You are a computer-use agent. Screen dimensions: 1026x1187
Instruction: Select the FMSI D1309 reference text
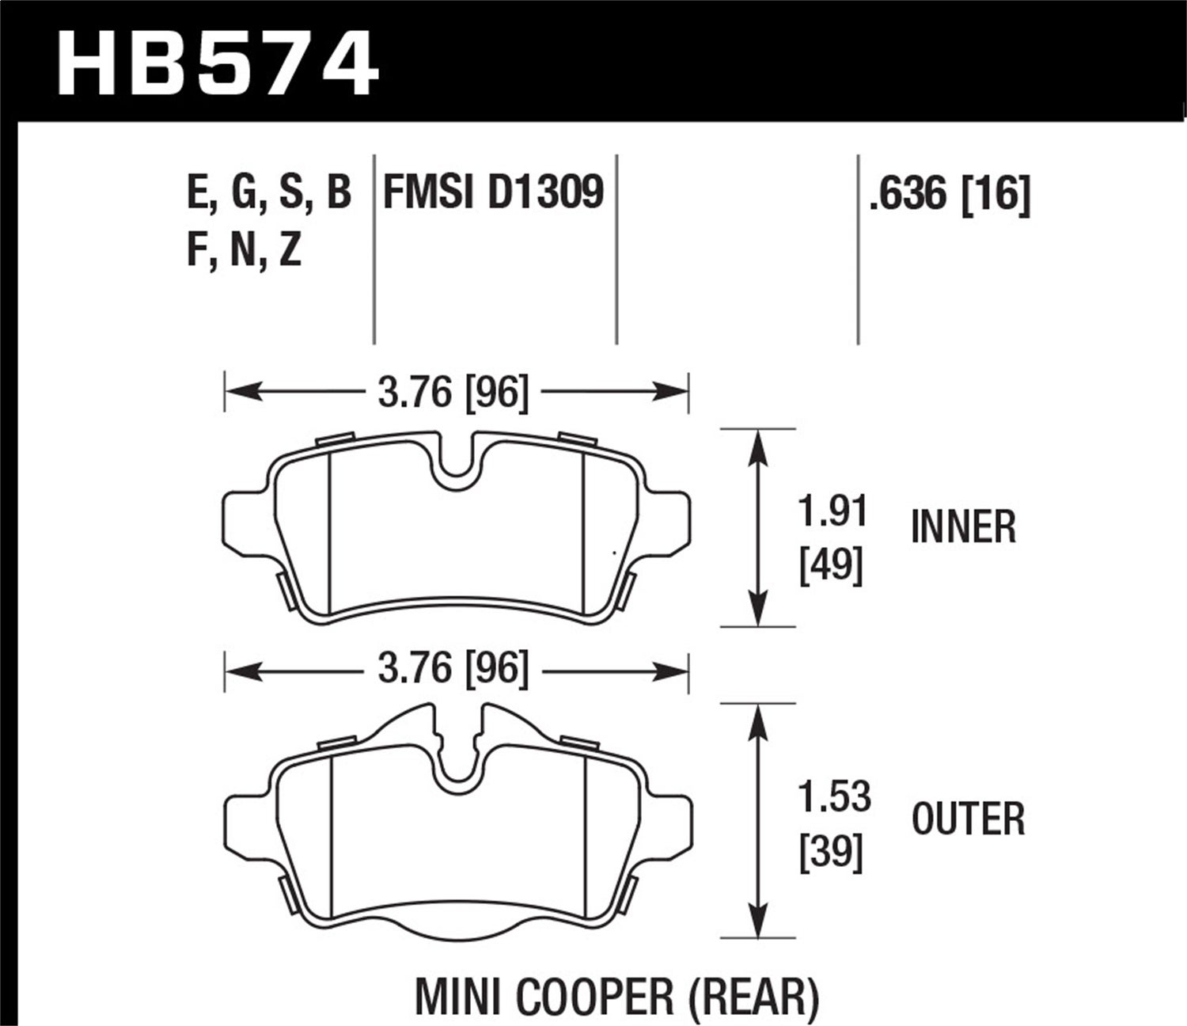tap(493, 192)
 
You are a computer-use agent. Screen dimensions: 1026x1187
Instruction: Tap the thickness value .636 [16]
tap(949, 194)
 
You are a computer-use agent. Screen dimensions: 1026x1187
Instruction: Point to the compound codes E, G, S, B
tap(269, 192)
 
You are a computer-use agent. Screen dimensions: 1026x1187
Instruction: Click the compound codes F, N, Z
tap(244, 251)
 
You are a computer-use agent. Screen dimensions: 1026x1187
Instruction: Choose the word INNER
tap(963, 527)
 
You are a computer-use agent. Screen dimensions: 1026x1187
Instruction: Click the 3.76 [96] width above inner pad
tap(453, 392)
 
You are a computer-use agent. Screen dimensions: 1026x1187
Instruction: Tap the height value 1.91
tap(832, 512)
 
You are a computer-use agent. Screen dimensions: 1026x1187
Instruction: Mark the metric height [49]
tap(831, 565)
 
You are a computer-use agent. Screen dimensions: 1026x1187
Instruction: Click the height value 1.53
tap(834, 797)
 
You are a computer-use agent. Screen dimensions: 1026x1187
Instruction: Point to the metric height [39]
tap(831, 853)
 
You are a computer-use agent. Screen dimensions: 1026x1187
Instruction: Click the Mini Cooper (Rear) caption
tap(616, 997)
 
